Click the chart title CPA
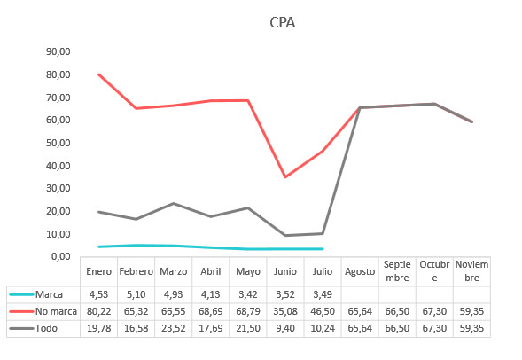[282, 22]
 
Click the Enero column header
[98, 271]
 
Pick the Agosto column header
[359, 271]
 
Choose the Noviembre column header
[471, 271]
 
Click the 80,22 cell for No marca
[98, 310]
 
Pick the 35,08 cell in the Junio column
[284, 310]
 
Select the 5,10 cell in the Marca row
[136, 293]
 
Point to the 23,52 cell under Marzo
[173, 327]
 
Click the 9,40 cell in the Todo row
[284, 327]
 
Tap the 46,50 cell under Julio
[322, 310]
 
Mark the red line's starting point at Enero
[98, 74]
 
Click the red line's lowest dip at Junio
[284, 177]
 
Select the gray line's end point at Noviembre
[471, 121]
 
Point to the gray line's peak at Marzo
[173, 203]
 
